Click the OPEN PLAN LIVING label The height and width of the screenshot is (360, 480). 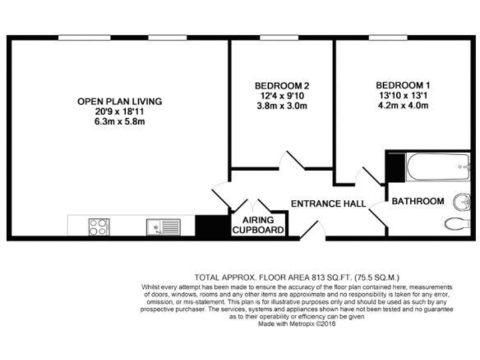[119, 101]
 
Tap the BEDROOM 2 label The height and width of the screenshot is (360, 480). [282, 86]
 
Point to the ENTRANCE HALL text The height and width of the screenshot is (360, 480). [328, 204]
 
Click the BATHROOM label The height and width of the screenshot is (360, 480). [417, 201]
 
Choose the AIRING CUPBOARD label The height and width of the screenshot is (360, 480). [259, 226]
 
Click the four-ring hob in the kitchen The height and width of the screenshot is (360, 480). [99, 226]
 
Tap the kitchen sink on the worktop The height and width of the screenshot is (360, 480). [163, 226]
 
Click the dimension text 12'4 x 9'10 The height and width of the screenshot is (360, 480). [282, 96]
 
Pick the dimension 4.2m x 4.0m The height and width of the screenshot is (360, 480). [403, 106]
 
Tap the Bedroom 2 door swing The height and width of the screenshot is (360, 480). [287, 159]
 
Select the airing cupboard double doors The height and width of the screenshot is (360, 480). [252, 206]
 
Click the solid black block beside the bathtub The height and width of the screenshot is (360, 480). [396, 166]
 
